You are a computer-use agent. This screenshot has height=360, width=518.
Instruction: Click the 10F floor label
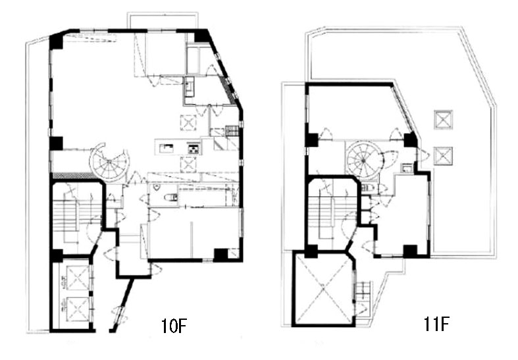click(174, 326)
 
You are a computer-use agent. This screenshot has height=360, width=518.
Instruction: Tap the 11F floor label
click(436, 323)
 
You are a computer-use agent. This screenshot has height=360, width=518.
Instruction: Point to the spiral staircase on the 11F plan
click(363, 160)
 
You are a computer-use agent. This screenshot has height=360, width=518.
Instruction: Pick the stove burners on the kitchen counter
click(194, 149)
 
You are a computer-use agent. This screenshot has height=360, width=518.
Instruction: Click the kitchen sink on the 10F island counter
click(167, 147)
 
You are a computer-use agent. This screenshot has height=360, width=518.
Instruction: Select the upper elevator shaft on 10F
click(78, 278)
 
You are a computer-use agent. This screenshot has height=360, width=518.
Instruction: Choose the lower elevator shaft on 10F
click(78, 309)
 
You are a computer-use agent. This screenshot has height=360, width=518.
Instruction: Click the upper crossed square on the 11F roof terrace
click(443, 120)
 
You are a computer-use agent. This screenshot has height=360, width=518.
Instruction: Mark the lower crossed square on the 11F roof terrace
click(443, 156)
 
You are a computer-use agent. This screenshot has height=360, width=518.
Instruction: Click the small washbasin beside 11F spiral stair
click(407, 168)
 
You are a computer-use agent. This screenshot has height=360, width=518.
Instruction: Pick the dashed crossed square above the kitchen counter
click(188, 122)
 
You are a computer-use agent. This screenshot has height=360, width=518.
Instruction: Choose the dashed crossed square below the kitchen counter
click(188, 165)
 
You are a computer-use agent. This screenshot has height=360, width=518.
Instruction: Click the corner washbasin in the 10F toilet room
click(157, 189)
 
